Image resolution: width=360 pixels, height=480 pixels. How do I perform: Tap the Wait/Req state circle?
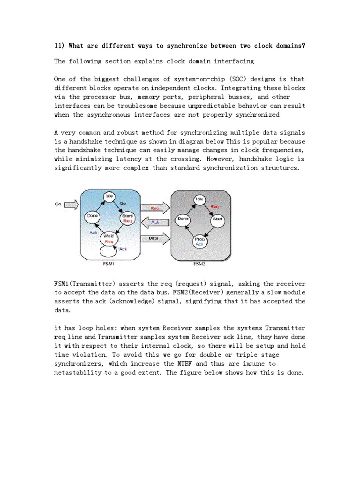tap(109, 239)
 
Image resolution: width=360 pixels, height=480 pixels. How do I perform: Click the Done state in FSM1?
tap(91, 216)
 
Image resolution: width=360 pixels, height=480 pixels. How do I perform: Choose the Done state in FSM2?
tap(183, 219)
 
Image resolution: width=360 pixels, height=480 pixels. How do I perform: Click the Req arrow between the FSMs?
tap(155, 207)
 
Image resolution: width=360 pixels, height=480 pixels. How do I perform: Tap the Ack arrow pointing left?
tap(155, 222)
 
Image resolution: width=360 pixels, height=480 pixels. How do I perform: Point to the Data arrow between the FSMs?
tap(155, 238)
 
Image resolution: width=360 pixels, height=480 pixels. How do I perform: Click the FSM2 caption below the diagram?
tap(200, 264)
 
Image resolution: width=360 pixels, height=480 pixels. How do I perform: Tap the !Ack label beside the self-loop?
tap(123, 249)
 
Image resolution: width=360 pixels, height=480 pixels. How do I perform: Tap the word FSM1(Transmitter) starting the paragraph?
tap(85, 284)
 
